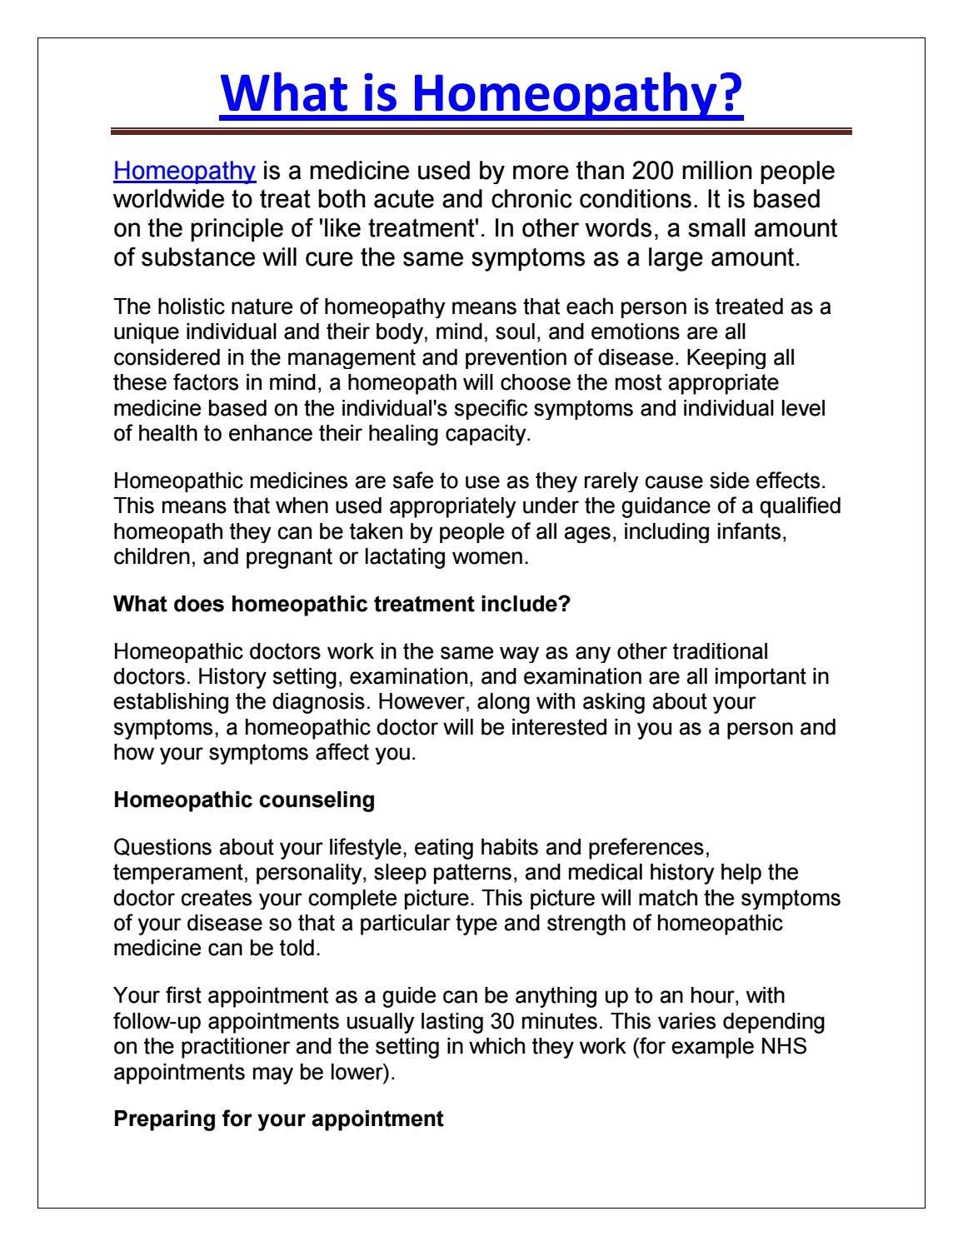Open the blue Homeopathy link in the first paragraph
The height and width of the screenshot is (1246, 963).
point(184,171)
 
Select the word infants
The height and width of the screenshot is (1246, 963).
point(751,531)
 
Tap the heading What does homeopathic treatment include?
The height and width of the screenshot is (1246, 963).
point(342,605)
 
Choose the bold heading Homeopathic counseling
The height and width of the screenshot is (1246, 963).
point(244,800)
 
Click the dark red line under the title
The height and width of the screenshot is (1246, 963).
point(482,131)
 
